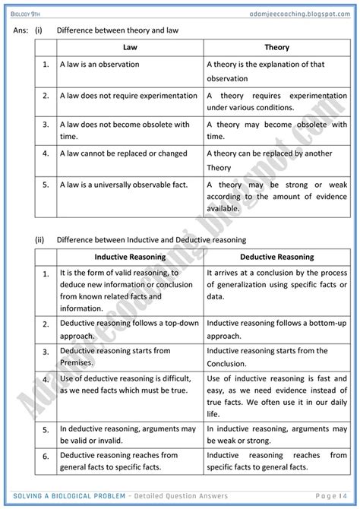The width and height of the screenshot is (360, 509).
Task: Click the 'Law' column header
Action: point(129,47)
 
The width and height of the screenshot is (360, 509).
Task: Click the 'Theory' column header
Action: point(276,47)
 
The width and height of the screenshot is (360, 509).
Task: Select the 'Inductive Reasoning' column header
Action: point(129,257)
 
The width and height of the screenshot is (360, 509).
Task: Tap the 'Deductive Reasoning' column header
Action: point(276,257)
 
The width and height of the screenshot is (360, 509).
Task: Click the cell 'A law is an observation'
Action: point(99,65)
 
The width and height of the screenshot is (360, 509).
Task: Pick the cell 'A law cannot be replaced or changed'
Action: point(124,153)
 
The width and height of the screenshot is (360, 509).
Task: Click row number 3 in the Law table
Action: point(46,124)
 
